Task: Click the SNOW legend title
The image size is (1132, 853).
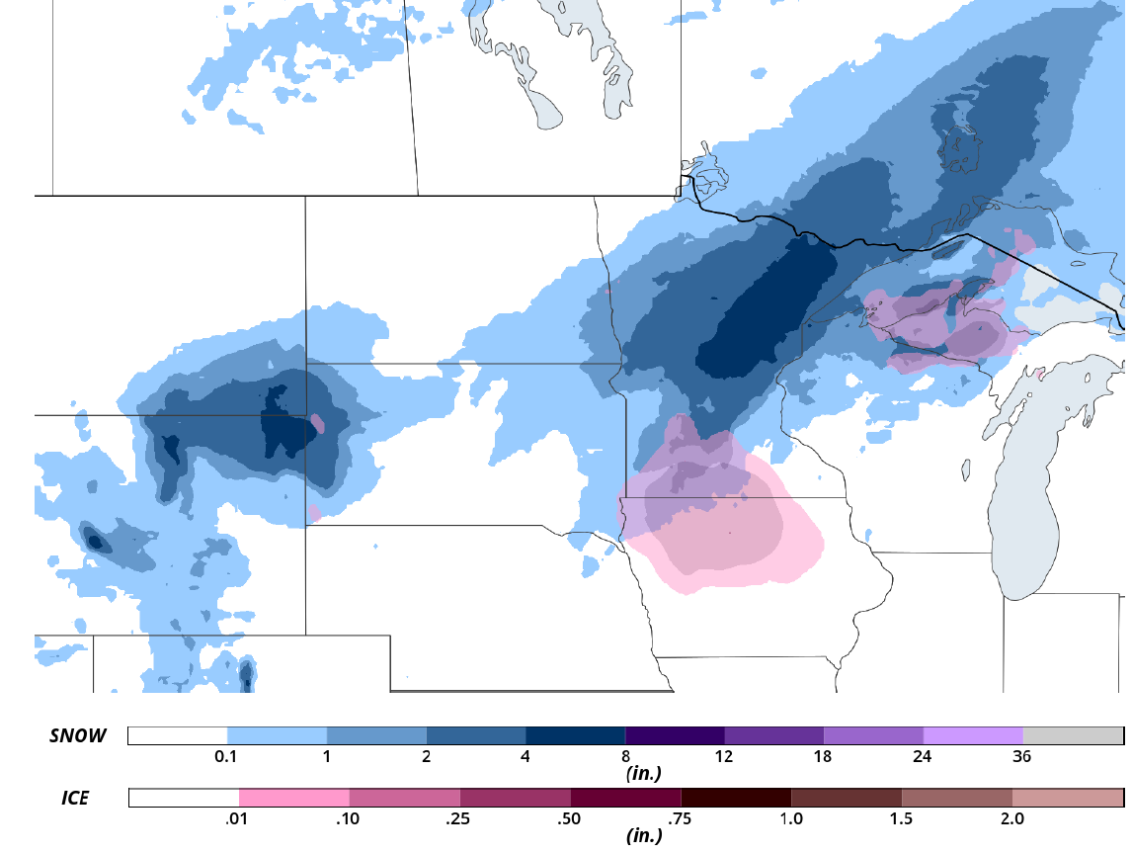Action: coord(78,735)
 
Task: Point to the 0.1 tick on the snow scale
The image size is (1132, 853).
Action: coord(226,757)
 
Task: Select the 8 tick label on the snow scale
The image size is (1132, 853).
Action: coord(624,757)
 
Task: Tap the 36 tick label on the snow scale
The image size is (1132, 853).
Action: coord(1022,757)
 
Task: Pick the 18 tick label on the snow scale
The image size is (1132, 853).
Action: coord(823,757)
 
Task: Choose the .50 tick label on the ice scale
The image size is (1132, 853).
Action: coord(570,818)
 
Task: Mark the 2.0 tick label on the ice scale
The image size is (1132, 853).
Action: coord(1011,818)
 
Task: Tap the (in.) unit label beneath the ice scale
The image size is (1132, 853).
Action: coord(644,835)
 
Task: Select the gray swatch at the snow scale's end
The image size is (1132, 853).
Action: coord(1073,735)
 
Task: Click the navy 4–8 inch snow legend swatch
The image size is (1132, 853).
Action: coord(575,735)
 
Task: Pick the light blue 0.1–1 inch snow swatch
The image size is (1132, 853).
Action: coord(277,735)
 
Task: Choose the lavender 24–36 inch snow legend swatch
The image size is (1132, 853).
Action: coord(973,735)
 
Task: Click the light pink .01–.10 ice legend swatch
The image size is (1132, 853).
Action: coord(294,798)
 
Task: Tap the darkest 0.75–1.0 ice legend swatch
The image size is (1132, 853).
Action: coord(736,798)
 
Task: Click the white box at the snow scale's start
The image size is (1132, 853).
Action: coord(178,735)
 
